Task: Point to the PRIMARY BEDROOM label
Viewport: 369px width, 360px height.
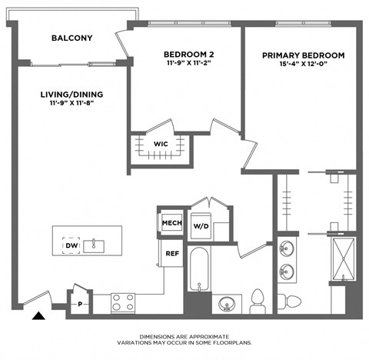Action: tap(303, 56)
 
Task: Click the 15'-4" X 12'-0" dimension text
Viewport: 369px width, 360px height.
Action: tap(303, 67)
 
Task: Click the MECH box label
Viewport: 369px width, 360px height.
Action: tap(170, 223)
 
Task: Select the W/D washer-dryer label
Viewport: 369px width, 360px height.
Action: tap(201, 226)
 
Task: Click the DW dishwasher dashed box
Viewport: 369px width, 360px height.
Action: tap(71, 245)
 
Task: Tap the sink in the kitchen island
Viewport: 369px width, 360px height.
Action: tap(96, 245)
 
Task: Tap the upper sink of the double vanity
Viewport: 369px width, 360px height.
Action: tap(288, 249)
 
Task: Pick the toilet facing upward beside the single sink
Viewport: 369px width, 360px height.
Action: tap(259, 298)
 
